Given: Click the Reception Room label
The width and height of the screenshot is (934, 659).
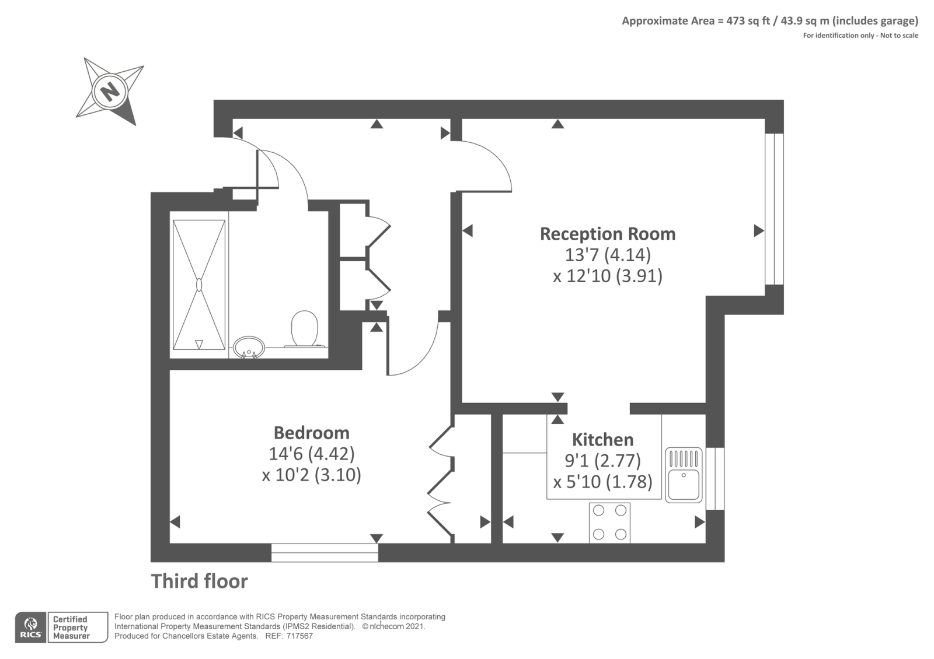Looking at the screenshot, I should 607,234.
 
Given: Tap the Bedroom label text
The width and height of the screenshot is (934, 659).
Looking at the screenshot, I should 311,433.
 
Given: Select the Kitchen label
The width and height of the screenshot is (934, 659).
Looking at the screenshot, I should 602,439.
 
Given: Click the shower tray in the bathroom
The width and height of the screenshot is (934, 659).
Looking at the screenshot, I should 199,285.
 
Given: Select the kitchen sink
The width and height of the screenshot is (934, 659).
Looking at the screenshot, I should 684,475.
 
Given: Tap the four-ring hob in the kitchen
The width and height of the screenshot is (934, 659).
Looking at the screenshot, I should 609,522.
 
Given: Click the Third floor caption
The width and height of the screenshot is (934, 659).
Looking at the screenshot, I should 199,581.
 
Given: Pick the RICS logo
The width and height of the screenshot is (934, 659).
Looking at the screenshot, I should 30,628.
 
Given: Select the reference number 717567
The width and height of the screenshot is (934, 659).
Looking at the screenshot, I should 299,636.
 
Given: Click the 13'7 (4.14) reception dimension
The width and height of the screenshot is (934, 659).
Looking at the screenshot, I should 607,255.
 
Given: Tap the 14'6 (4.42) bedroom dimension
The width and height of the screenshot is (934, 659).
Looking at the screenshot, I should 311,454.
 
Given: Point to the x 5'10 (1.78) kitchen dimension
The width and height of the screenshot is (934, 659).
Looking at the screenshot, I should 602,482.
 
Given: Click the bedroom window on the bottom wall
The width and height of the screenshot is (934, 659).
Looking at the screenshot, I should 325,552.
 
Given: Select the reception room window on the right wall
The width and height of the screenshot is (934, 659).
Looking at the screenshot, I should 774,209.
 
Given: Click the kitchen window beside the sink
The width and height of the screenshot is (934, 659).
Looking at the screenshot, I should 715,478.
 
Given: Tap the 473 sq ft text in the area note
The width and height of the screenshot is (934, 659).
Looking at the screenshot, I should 748,21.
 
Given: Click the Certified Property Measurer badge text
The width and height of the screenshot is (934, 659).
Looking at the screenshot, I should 71,628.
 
